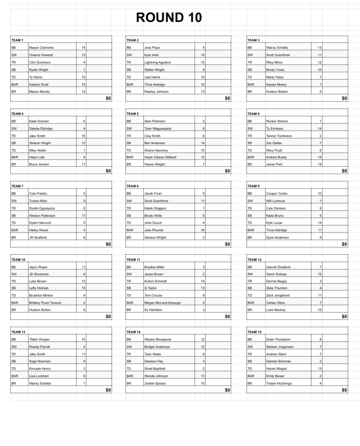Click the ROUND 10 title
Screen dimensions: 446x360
point(169,18)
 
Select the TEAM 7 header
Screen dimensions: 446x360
point(17,186)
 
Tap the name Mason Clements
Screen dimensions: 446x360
point(41,48)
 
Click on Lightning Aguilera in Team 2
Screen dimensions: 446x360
point(157,62)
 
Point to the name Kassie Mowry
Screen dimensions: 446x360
point(276,85)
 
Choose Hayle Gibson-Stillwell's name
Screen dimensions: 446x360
point(160,157)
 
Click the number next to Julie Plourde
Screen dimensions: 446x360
point(203,230)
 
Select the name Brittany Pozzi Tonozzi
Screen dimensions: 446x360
point(45,303)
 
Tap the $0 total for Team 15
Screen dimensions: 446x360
point(344,390)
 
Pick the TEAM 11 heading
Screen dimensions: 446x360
point(133,260)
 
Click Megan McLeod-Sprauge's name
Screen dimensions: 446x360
point(162,303)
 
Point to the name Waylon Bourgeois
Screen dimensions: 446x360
point(158,340)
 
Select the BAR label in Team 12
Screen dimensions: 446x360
point(251,303)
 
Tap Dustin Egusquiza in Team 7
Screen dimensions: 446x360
point(42,208)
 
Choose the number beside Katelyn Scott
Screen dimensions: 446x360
point(83,85)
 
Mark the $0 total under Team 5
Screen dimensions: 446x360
point(227,171)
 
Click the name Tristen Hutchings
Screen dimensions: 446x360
point(279,384)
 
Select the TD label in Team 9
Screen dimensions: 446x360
point(250,223)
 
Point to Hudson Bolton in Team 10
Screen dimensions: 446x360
point(40,310)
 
